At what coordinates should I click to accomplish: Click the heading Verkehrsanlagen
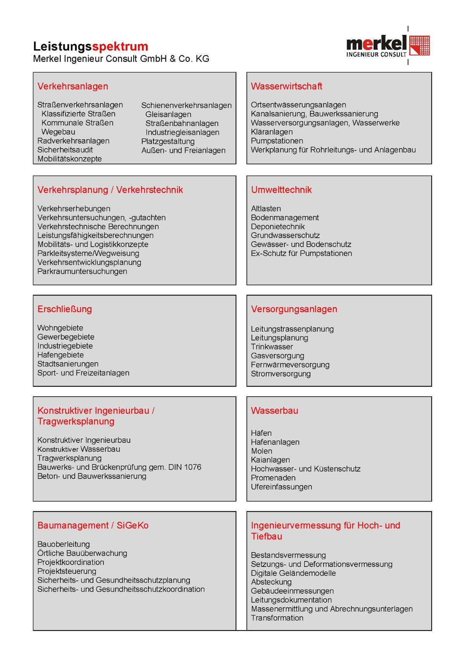click(x=73, y=86)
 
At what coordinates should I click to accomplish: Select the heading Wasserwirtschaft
click(x=286, y=86)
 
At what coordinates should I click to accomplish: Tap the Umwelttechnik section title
click(x=281, y=190)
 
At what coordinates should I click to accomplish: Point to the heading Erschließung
click(x=65, y=309)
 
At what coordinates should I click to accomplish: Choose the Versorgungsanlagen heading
click(x=294, y=309)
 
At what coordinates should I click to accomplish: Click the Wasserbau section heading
click(x=274, y=411)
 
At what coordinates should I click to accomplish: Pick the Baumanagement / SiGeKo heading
click(x=93, y=525)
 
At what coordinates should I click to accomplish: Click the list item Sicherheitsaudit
click(x=65, y=150)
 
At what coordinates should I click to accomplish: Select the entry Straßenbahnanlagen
click(x=182, y=123)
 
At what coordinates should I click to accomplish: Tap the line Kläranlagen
click(x=272, y=132)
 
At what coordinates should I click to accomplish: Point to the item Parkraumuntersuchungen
click(x=82, y=271)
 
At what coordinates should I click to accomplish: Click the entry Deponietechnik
click(x=278, y=226)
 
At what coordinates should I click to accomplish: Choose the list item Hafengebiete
click(x=60, y=355)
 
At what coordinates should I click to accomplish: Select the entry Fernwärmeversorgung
click(x=290, y=365)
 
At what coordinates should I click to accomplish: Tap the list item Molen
click(x=262, y=451)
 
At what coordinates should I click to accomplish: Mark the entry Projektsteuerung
click(x=67, y=571)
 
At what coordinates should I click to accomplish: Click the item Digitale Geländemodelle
click(x=293, y=573)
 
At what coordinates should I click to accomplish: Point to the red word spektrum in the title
click(x=120, y=47)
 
